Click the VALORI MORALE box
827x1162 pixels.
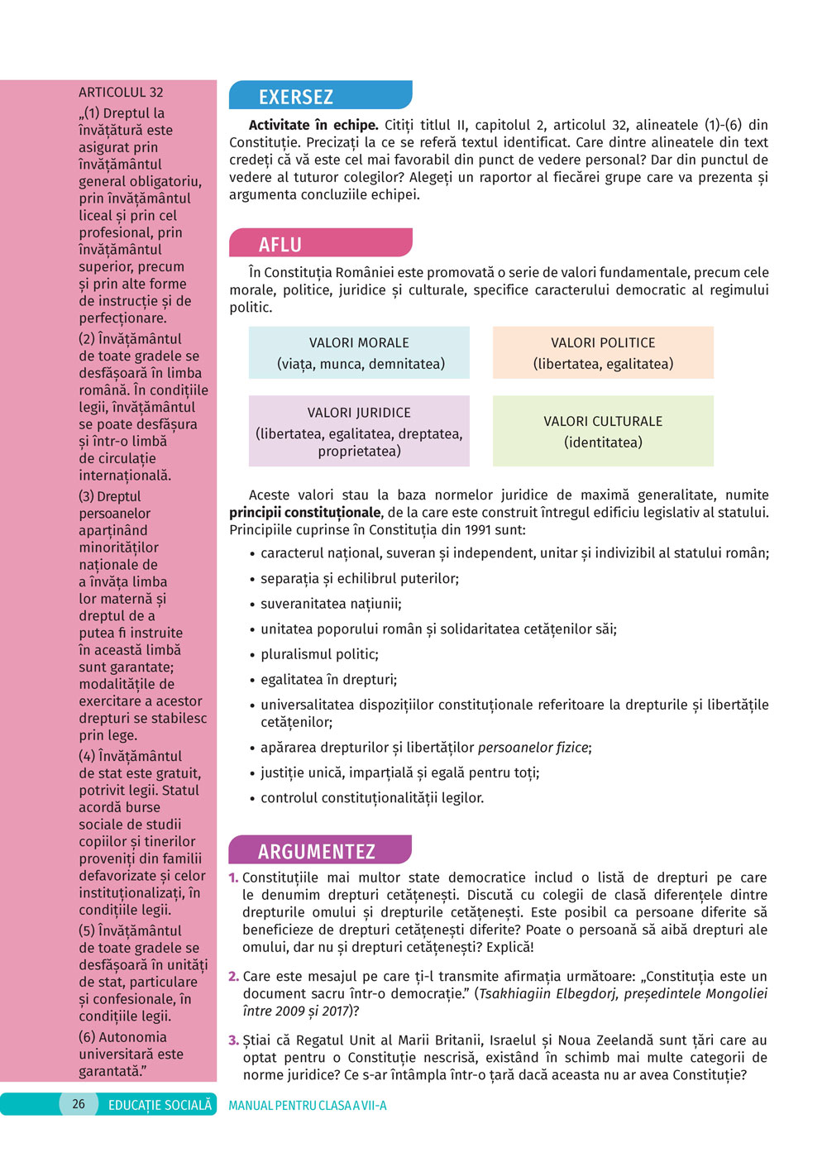359,353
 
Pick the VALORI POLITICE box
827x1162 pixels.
603,353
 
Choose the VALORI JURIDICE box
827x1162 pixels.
359,431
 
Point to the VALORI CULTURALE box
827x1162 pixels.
603,431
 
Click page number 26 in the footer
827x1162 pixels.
79,1104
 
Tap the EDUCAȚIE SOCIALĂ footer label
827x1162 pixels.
160,1105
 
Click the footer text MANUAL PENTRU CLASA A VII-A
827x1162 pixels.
308,1106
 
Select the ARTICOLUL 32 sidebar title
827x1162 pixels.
121,93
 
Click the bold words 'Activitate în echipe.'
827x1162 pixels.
313,125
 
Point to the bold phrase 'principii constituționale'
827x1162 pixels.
305,513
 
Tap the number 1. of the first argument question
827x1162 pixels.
233,877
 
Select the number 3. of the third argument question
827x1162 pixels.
233,1040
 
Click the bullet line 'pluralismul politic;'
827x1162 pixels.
319,654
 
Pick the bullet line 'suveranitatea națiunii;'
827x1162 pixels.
331,604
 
